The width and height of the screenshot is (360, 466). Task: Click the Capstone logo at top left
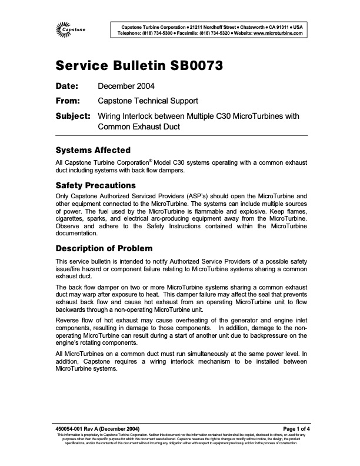(x=72, y=29)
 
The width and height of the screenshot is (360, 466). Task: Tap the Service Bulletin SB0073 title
(x=138, y=65)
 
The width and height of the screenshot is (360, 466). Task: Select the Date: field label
(x=66, y=86)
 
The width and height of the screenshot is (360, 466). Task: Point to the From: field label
(x=68, y=101)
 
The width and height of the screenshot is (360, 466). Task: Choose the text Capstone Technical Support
(x=148, y=101)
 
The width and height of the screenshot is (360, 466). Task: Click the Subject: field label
(x=72, y=116)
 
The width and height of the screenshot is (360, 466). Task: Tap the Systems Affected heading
(x=92, y=150)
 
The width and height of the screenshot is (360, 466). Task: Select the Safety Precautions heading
(x=95, y=185)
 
